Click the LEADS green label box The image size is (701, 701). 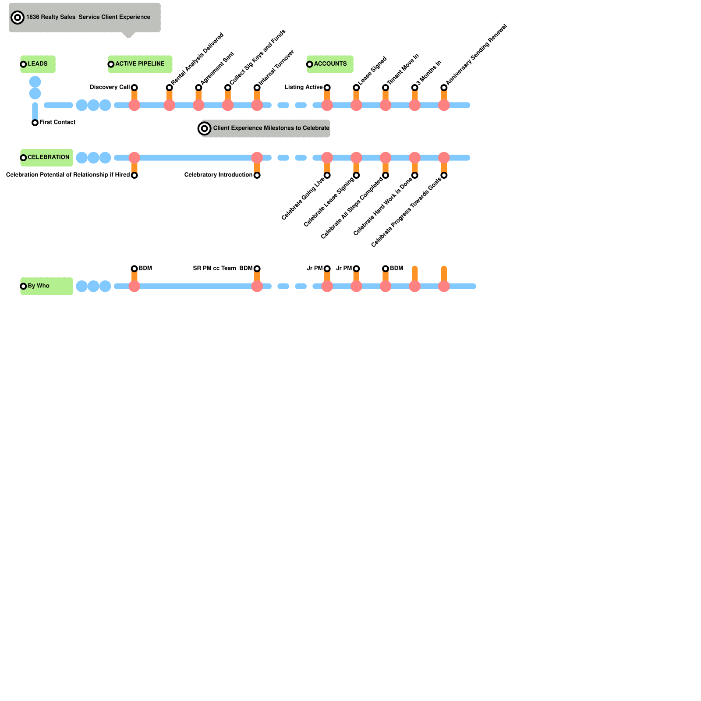(38, 64)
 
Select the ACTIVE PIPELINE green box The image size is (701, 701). (140, 64)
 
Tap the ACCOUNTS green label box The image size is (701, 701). (330, 64)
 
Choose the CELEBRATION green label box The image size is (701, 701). (47, 157)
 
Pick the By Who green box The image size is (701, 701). (46, 286)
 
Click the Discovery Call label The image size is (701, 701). (110, 87)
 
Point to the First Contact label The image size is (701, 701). (57, 122)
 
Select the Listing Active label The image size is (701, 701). (304, 87)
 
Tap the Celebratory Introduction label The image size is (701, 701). (218, 175)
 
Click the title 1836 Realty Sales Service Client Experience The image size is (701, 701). (88, 17)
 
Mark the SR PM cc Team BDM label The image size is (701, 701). (223, 268)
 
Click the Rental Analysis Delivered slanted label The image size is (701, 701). (198, 59)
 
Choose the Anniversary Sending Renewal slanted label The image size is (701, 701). (476, 54)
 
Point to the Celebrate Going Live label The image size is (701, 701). (303, 198)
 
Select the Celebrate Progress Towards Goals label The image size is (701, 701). (406, 212)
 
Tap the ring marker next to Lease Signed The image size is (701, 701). (356, 88)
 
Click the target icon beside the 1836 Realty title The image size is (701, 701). (18, 18)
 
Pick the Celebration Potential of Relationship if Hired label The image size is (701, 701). (68, 175)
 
